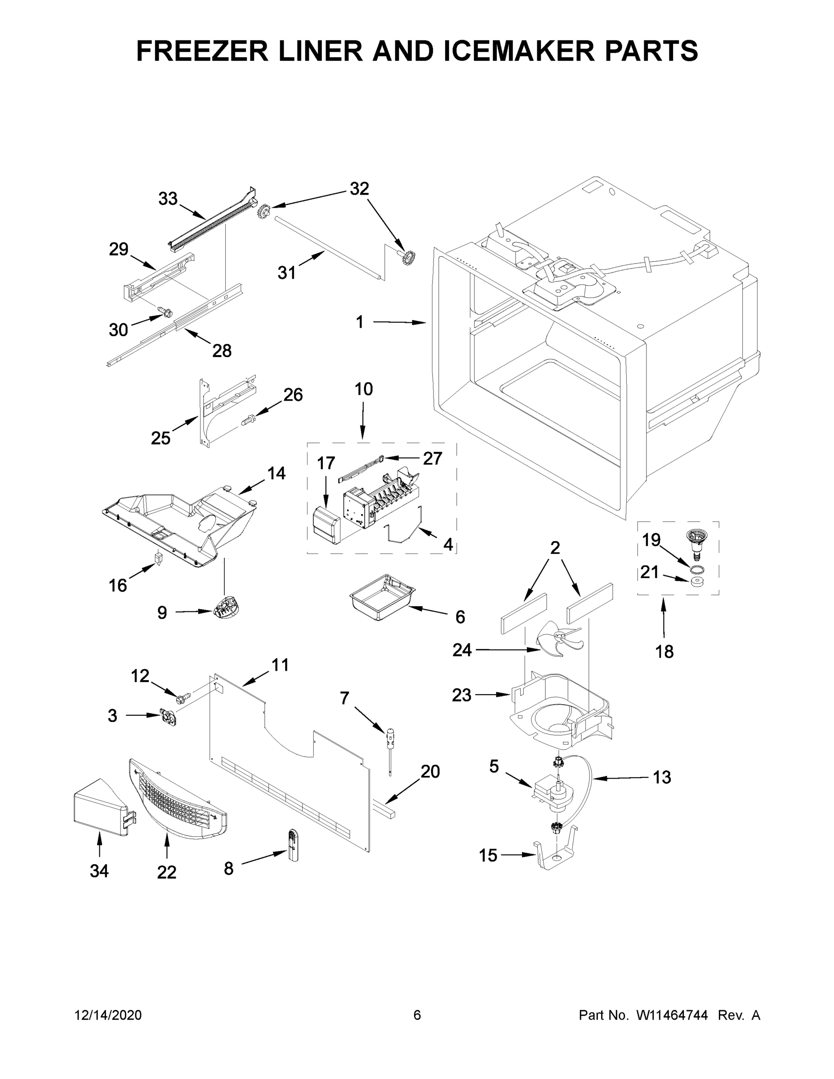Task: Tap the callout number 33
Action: [x=168, y=199]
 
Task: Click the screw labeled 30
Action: [x=165, y=311]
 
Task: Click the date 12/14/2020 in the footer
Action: [x=108, y=1015]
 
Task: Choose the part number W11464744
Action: [x=672, y=1015]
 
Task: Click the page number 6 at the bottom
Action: [x=417, y=1015]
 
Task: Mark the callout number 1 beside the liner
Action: [x=360, y=322]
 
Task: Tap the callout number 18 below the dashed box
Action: [x=664, y=651]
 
